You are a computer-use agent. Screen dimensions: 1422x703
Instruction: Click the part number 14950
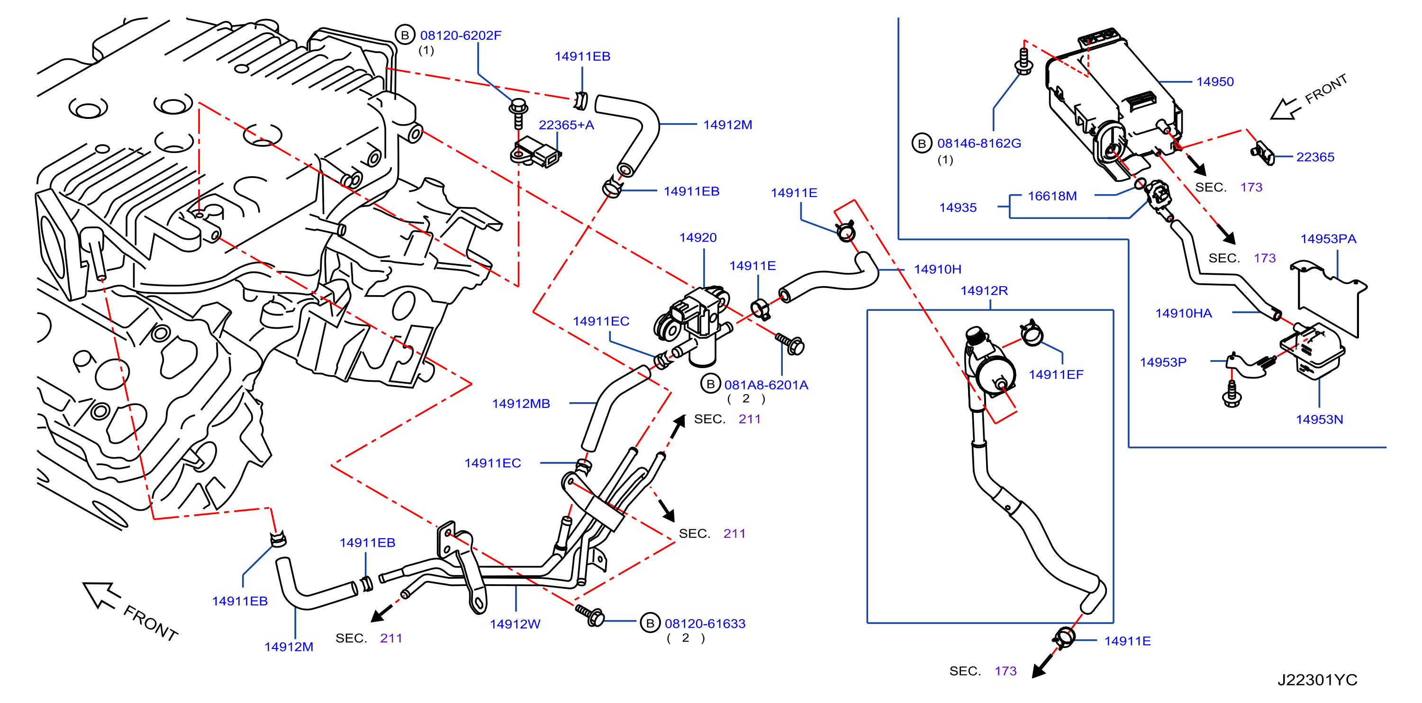tap(1214, 81)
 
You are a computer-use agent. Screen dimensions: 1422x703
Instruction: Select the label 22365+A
tap(566, 125)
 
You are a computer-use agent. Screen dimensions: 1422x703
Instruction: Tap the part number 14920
tap(698, 237)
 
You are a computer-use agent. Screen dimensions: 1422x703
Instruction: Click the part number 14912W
tap(515, 624)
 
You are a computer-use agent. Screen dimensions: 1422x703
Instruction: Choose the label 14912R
tap(984, 290)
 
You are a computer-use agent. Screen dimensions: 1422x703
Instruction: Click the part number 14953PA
tap(1328, 239)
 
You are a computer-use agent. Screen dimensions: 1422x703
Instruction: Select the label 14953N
tap(1319, 419)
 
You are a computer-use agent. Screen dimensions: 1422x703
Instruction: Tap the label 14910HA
tap(1184, 314)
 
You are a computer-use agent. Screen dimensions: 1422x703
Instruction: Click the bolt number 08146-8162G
tap(979, 144)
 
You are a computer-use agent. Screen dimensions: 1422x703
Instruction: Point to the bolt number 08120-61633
tap(705, 623)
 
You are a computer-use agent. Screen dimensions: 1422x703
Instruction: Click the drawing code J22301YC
tap(1317, 680)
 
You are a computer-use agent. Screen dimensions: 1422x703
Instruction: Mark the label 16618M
tap(1051, 196)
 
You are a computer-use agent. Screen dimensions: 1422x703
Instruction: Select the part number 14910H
tap(937, 269)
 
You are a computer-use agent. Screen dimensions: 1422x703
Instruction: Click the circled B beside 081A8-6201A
tap(710, 384)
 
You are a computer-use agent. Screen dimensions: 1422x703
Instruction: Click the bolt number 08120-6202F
tap(461, 36)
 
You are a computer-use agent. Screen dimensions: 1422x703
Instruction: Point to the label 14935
tap(958, 207)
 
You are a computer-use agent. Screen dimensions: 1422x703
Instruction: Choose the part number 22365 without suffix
tap(1315, 157)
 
